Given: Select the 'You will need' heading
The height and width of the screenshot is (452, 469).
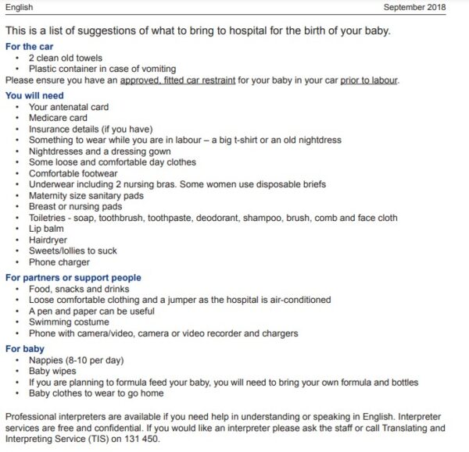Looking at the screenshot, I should (x=34, y=95).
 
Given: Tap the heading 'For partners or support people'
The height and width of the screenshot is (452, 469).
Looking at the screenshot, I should (x=73, y=277).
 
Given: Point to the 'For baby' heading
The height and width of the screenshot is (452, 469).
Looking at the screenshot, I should (x=25, y=349).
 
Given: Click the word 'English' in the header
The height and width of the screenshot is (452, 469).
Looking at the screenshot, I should (x=19, y=7).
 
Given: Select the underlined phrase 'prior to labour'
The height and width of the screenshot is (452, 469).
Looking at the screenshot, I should (x=369, y=80).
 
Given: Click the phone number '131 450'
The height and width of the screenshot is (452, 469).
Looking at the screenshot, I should (x=145, y=440).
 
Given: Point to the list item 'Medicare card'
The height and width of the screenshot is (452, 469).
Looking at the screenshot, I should (x=58, y=118).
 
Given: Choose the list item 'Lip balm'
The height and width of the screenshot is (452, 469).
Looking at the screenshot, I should (x=47, y=230).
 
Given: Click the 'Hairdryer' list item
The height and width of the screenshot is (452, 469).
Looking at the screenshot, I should (x=49, y=240).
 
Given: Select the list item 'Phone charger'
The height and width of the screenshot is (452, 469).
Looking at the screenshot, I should (x=59, y=263).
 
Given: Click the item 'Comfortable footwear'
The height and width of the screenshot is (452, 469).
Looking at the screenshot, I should (x=73, y=173).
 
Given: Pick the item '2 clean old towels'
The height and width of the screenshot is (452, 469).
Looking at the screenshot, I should (x=66, y=58).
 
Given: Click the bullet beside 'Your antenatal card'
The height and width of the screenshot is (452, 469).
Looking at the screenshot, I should (x=17, y=107).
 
